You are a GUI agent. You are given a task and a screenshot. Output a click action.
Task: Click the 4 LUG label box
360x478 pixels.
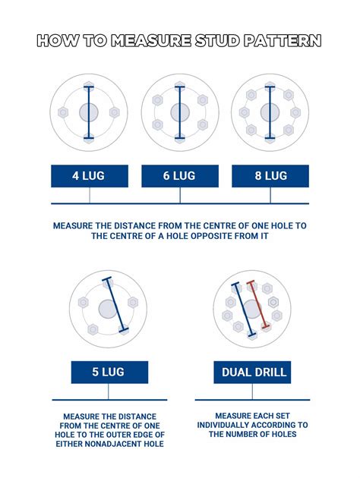(89, 176)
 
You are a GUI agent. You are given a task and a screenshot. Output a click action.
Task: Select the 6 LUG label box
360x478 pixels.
(180, 176)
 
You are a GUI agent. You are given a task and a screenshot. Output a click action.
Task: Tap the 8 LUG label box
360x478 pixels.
(270, 176)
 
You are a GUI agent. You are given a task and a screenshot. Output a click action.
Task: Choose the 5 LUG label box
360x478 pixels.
(109, 373)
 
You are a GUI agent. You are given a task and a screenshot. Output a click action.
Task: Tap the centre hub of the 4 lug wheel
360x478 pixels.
(89, 113)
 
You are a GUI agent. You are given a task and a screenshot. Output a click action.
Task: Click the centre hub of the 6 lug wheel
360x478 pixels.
(180, 113)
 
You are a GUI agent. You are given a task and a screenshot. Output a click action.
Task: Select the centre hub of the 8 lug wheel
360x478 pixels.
(270, 113)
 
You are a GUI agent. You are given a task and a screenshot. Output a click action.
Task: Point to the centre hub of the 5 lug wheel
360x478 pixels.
(108, 309)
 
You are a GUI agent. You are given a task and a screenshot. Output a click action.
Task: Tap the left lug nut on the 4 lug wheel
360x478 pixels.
(64, 113)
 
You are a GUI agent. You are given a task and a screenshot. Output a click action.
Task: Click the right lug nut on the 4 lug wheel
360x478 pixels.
(115, 113)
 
